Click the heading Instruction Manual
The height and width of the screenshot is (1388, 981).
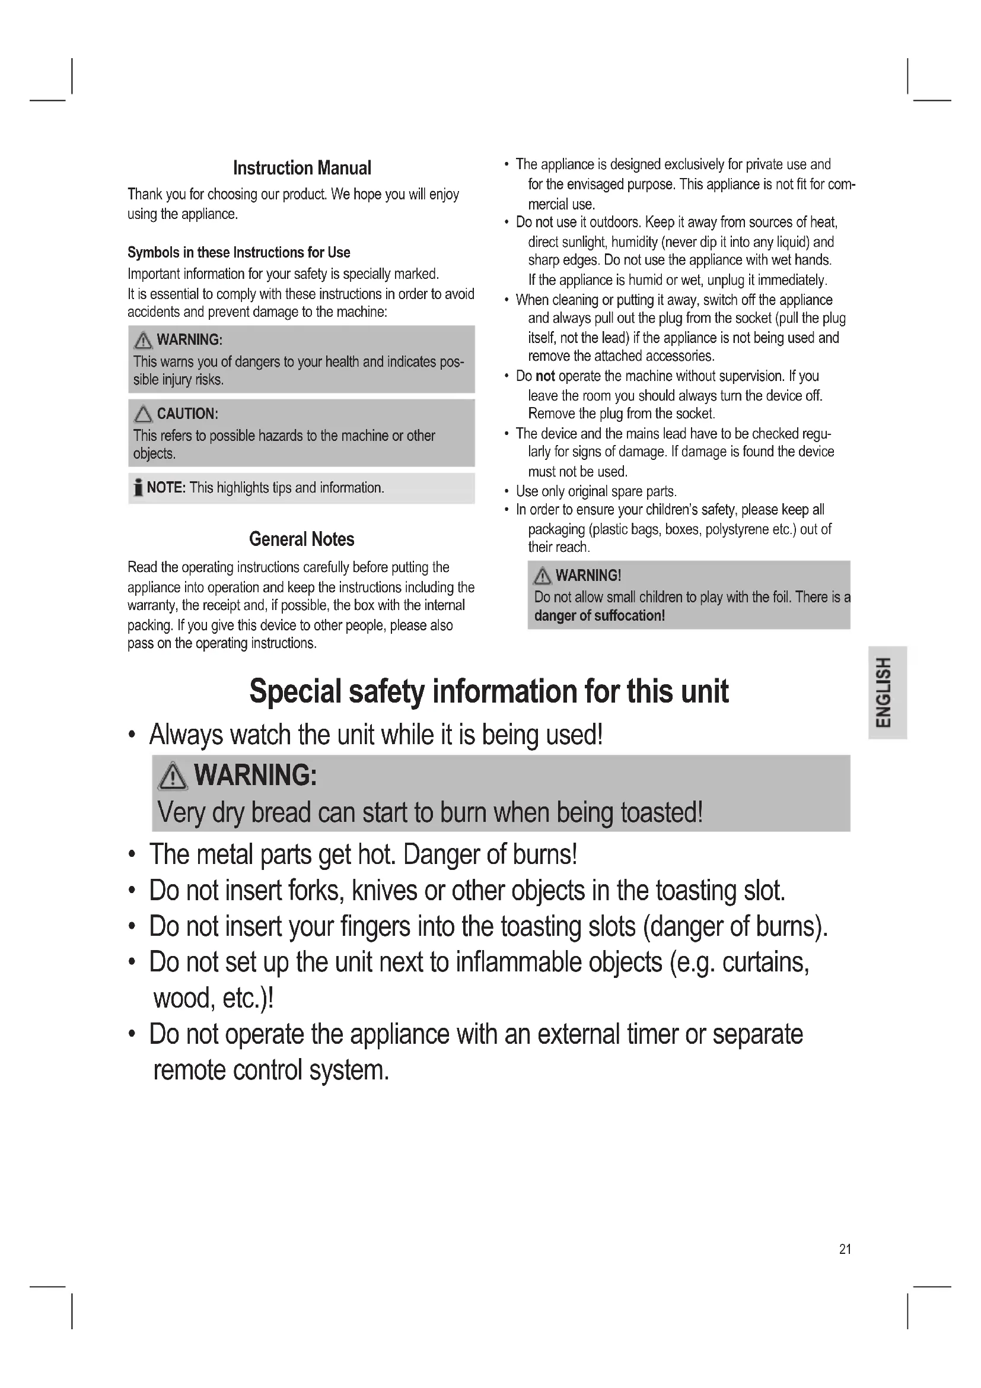[302, 168]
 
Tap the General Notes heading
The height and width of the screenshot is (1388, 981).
[301, 539]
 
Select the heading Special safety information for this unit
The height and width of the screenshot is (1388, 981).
[489, 691]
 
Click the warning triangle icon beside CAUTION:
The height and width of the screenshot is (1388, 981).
[143, 414]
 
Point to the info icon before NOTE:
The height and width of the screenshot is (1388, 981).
[138, 487]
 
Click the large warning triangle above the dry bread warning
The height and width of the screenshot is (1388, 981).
[173, 776]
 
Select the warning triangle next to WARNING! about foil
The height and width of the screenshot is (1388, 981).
[543, 576]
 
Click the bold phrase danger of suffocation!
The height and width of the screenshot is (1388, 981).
[599, 616]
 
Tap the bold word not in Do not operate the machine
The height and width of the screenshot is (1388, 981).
[545, 376]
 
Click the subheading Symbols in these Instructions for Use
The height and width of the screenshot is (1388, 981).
[238, 252]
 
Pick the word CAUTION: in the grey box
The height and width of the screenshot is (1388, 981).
[187, 414]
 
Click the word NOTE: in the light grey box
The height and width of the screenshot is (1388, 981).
[166, 488]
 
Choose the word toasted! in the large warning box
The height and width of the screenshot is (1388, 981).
[661, 812]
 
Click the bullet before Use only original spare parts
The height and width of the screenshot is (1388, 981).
[506, 491]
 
